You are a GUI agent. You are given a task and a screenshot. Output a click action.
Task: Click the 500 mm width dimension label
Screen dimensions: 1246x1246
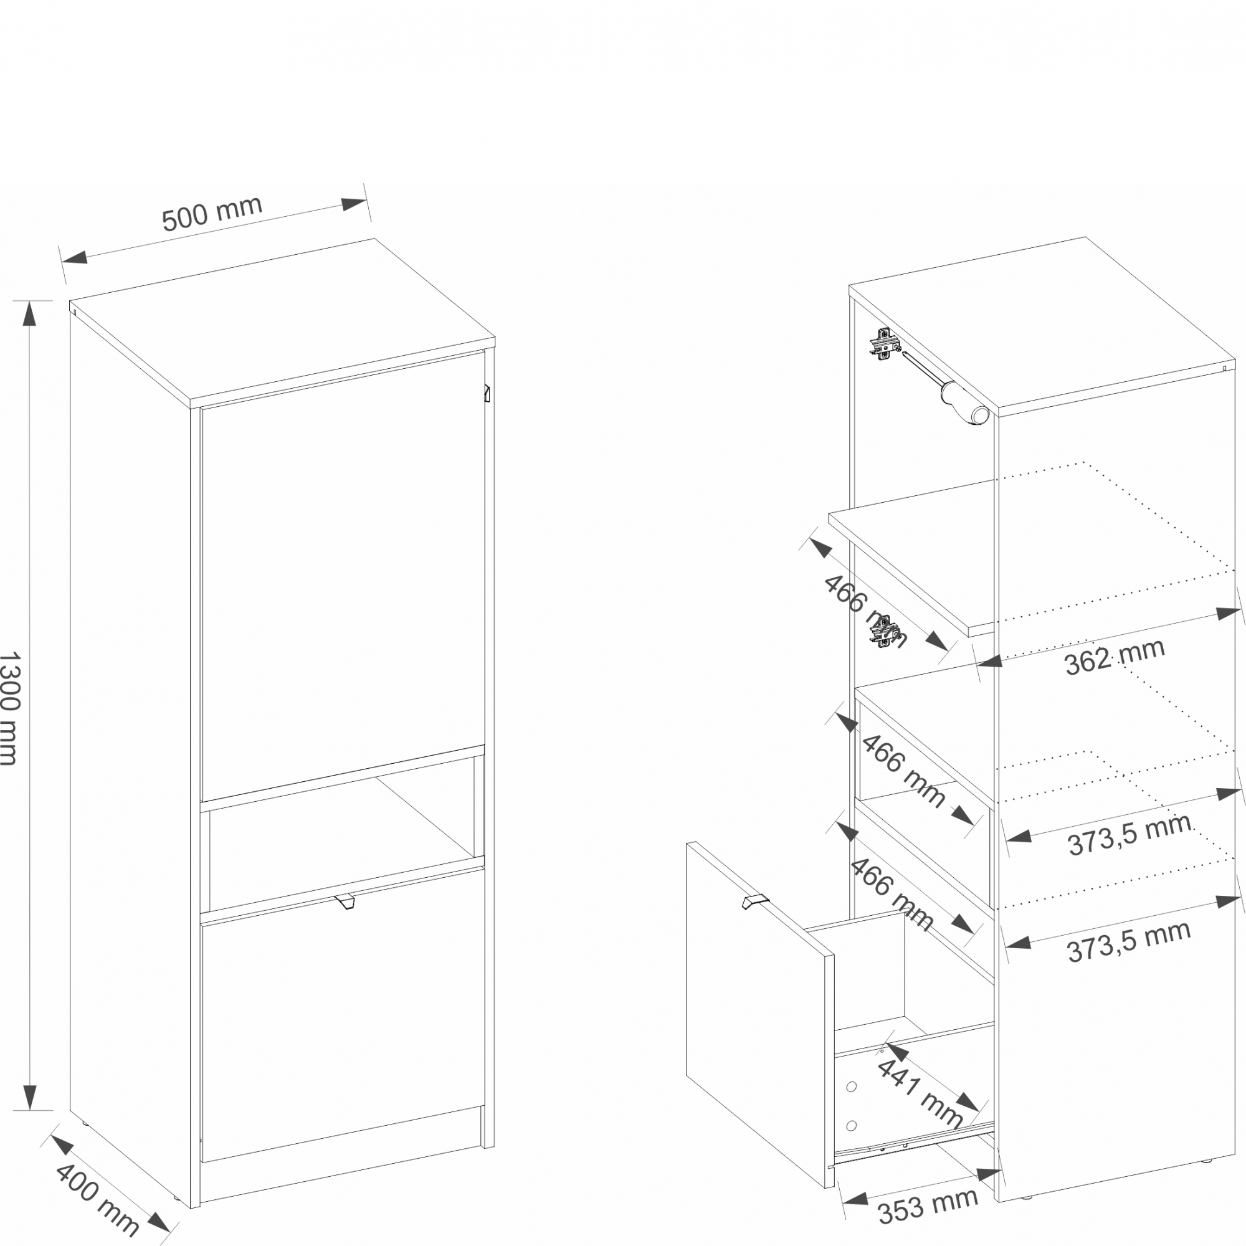212,213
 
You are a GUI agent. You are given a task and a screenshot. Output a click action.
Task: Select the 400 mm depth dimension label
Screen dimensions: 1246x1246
97,1198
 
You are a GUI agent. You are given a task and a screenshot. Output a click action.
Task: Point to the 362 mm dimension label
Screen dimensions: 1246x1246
1115,657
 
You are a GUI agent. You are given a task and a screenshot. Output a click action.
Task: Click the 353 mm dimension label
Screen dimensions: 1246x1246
928,1206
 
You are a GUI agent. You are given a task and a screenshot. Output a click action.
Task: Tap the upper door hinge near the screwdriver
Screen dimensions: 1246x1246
884,343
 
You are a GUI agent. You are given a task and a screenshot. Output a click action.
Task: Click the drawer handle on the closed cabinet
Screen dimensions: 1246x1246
345,901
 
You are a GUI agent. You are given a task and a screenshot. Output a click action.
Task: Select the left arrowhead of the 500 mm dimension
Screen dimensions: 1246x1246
74,257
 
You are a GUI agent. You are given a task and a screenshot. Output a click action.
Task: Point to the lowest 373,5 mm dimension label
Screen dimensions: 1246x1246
1129,942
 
